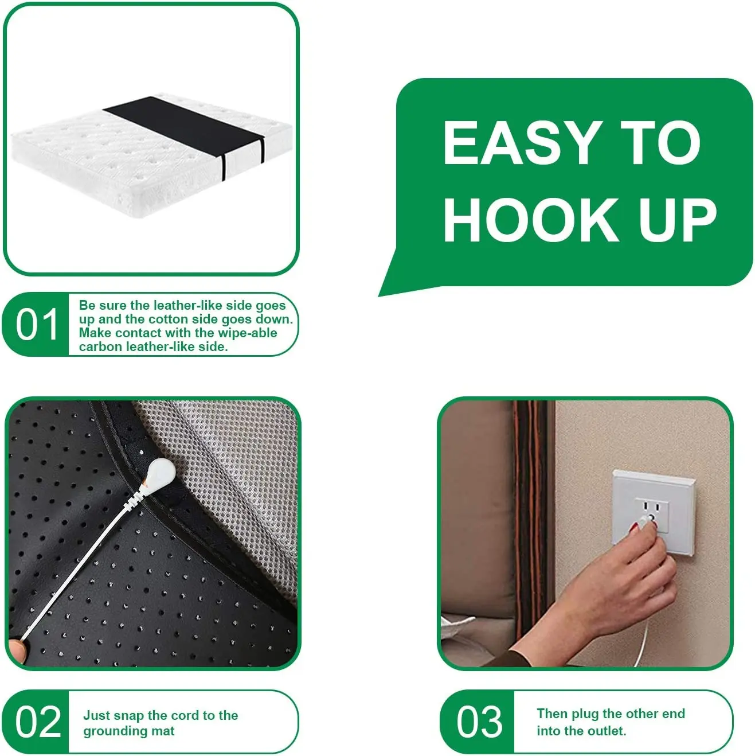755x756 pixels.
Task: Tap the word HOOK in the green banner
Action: click(531, 220)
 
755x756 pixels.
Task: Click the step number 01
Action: click(37, 325)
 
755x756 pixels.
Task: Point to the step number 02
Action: click(38, 722)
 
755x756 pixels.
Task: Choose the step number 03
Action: click(479, 722)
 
